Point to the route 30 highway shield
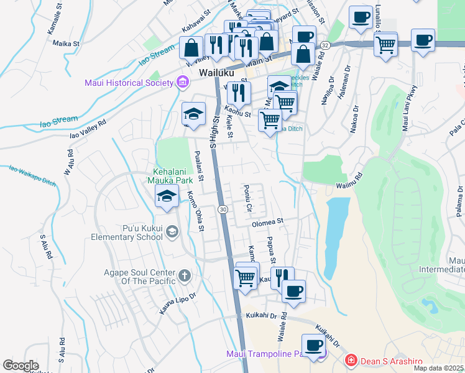tap(222, 210)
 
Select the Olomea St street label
tap(267, 221)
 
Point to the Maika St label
tap(67, 44)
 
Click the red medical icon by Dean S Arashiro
tap(351, 360)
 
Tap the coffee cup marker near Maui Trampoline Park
tap(313, 344)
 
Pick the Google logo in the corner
tap(21, 366)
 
